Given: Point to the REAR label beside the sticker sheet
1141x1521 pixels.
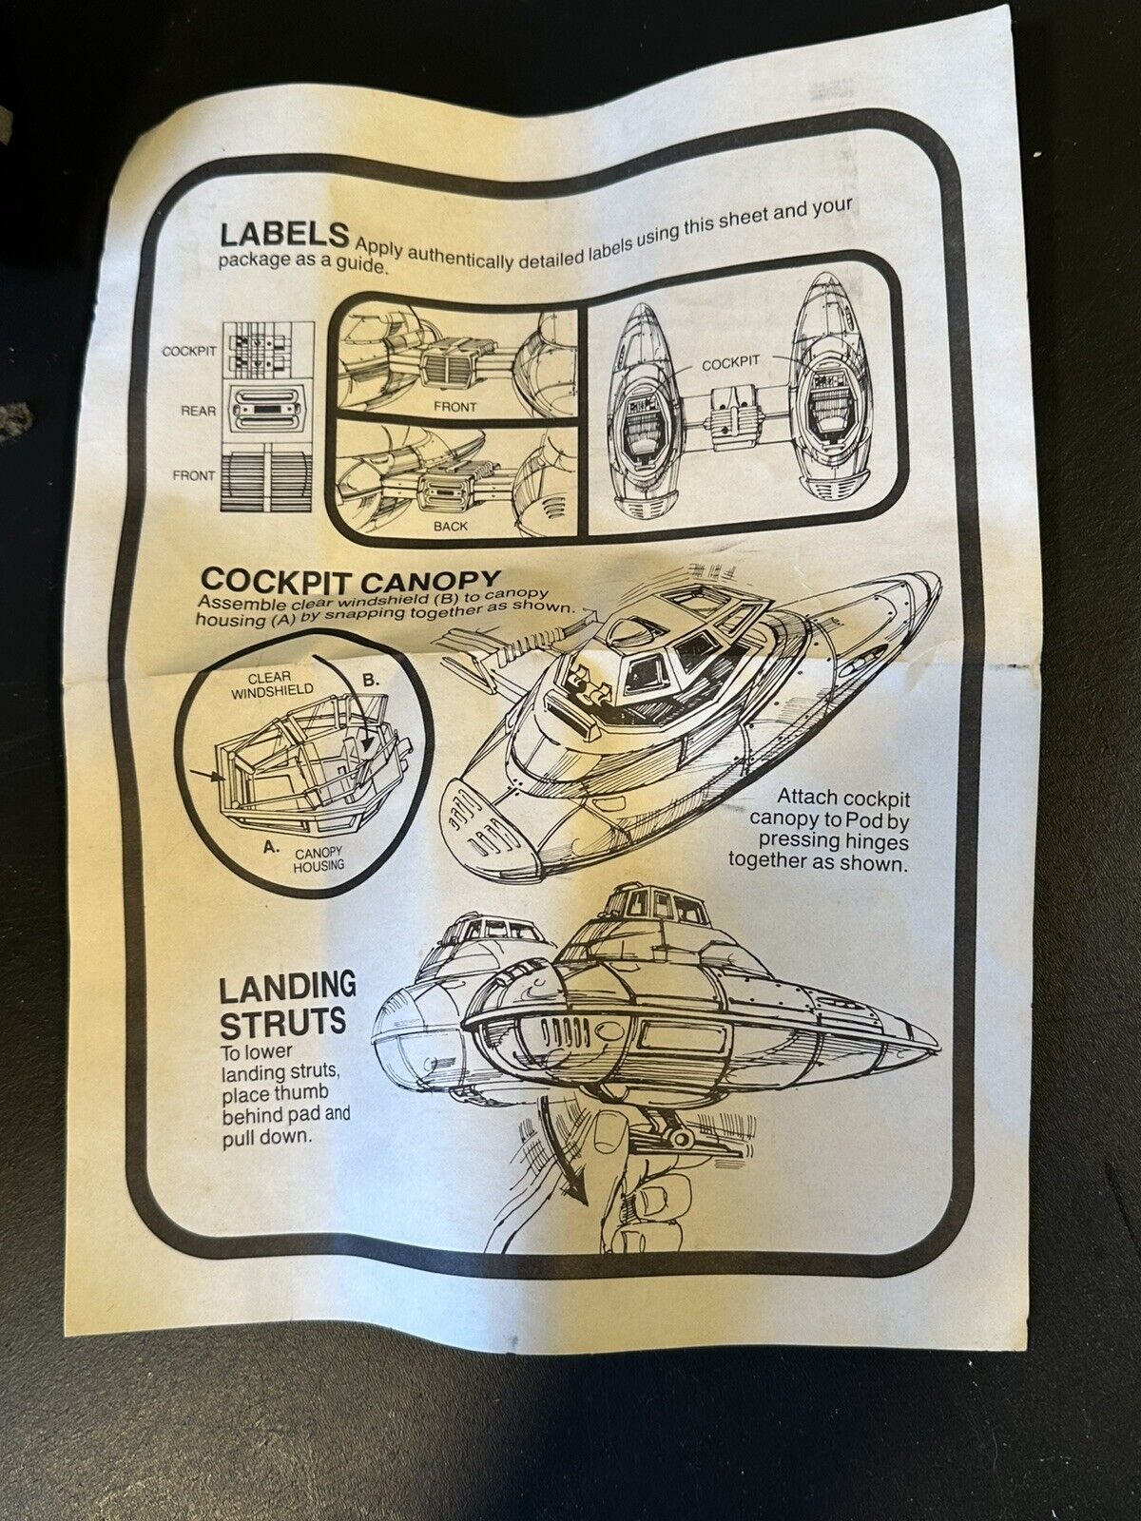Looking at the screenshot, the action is click(x=198, y=411).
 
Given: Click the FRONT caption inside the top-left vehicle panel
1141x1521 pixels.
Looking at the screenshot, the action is click(x=455, y=407).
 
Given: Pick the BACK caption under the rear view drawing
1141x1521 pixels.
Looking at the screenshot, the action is click(x=451, y=526).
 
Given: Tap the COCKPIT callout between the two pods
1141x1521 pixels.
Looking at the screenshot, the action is click(x=731, y=363).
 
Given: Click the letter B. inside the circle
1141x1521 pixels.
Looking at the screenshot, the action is click(x=372, y=680).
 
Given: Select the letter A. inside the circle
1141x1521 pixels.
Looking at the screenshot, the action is click(x=272, y=846).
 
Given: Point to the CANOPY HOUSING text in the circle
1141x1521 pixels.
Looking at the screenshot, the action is click(x=319, y=859).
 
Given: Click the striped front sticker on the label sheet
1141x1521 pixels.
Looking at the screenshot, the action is click(x=267, y=479).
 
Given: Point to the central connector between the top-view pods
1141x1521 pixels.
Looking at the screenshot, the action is click(x=736, y=415).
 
